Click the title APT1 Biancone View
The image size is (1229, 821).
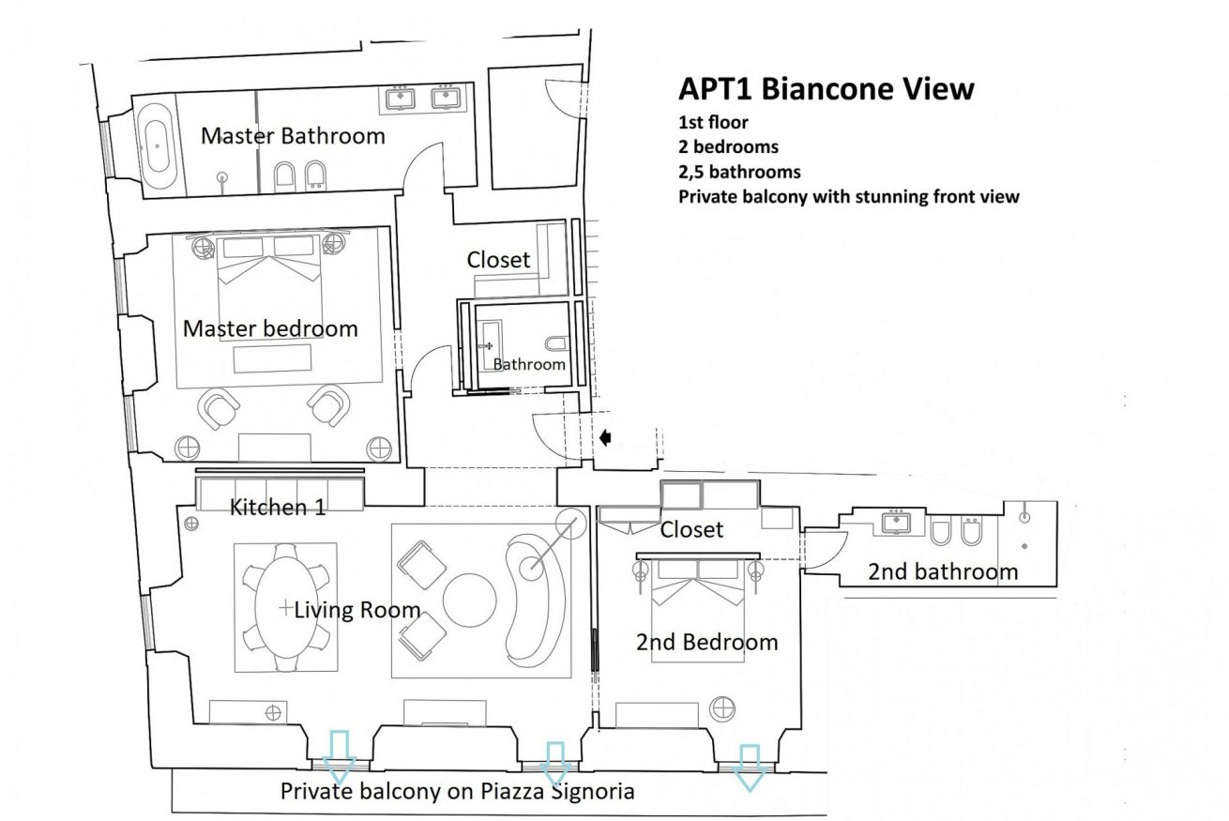pyautogui.click(x=826, y=89)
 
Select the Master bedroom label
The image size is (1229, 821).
pyautogui.click(x=270, y=329)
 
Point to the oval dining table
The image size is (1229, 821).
pyautogui.click(x=285, y=607)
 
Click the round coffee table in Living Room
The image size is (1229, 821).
pyautogui.click(x=469, y=601)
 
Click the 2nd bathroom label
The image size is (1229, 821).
pyautogui.click(x=942, y=571)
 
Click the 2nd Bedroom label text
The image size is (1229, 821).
pyautogui.click(x=706, y=643)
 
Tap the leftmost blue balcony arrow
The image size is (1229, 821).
pyautogui.click(x=339, y=751)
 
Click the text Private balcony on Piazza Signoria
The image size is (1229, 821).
pyautogui.click(x=457, y=791)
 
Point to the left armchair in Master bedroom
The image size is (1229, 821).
pyautogui.click(x=220, y=406)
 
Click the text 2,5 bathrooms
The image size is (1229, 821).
pyautogui.click(x=739, y=172)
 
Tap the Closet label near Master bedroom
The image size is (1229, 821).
pyautogui.click(x=498, y=260)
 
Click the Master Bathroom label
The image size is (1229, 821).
pyautogui.click(x=293, y=136)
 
